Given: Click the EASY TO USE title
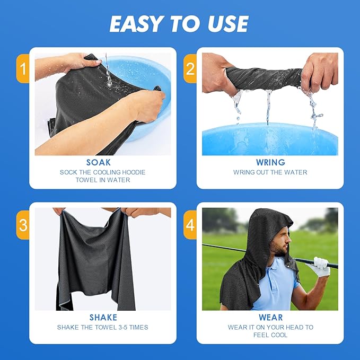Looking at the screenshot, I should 179,24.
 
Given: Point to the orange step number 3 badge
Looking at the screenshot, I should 22,225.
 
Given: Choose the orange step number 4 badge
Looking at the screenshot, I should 190,225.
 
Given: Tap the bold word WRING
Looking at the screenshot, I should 270,162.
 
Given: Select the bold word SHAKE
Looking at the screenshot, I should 103,318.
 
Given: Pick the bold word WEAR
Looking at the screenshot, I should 270,318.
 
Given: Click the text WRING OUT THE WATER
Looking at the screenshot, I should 270,172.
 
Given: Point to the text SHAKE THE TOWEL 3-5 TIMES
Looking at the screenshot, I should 103,328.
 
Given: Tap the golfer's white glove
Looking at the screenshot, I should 321,266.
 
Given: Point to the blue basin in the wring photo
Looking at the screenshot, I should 270,139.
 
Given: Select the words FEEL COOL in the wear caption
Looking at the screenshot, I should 270,335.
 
